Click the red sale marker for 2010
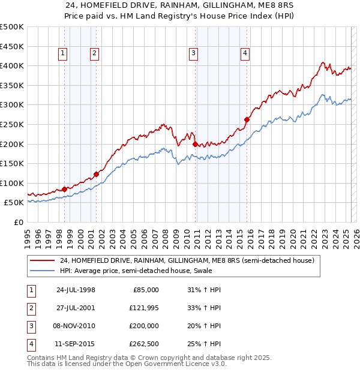[x=195, y=144]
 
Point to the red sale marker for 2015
[x=247, y=119]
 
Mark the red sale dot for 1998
[x=65, y=189]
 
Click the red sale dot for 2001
[x=96, y=175]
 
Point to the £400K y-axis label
[x=12, y=65]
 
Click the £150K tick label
[x=12, y=163]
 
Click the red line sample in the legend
[x=42, y=261]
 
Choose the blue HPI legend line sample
[x=42, y=271]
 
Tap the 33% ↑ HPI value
[x=204, y=308]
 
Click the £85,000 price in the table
[x=146, y=290]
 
